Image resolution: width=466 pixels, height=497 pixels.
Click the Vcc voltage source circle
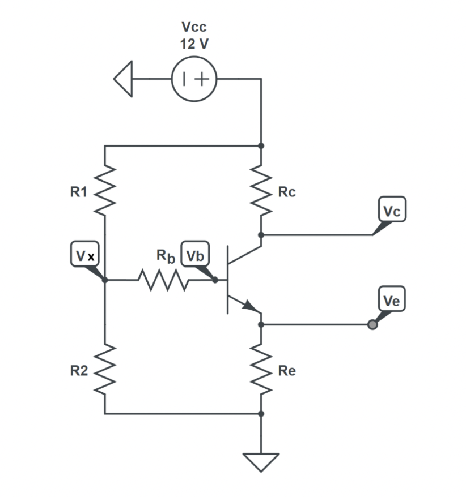(x=194, y=80)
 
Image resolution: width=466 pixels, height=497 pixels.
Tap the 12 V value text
(x=194, y=44)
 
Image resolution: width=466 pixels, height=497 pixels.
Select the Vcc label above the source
(x=194, y=27)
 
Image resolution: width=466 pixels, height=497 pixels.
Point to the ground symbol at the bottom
(x=261, y=461)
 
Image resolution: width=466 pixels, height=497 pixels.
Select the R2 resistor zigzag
(x=105, y=371)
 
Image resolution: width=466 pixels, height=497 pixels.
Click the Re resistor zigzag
(x=261, y=371)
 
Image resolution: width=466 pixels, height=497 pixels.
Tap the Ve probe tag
(x=392, y=301)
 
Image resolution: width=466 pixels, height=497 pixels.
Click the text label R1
(x=78, y=192)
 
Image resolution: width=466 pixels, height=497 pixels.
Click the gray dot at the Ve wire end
(x=372, y=325)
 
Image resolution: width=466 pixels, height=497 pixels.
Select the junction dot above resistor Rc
(x=261, y=145)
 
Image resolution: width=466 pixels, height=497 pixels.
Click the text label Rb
(x=165, y=255)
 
